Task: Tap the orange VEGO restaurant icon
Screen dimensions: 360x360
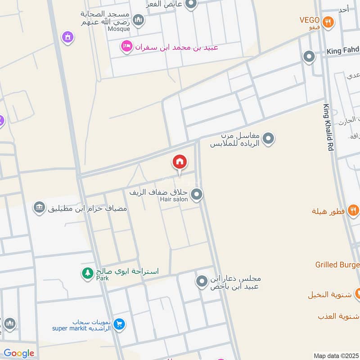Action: pos(328,21)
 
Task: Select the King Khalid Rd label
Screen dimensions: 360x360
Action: pos(328,127)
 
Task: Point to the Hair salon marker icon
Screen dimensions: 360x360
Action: pos(196,195)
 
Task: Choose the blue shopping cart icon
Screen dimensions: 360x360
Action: pos(119,324)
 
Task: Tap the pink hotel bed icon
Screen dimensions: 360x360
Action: pos(126,47)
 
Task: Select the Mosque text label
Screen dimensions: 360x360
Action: pos(118,29)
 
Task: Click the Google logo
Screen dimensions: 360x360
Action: pos(19,353)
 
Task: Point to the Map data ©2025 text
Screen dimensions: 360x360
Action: pos(336,355)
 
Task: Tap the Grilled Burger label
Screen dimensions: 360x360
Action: pos(337,265)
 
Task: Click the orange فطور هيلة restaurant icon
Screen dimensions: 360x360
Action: pos(353,210)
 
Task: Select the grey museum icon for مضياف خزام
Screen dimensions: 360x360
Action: pos(39,207)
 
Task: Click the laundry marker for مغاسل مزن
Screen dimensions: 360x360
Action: pos(269,138)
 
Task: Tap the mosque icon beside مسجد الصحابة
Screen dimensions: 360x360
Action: pos(138,20)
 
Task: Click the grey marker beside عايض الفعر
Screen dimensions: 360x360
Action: pos(191,4)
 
